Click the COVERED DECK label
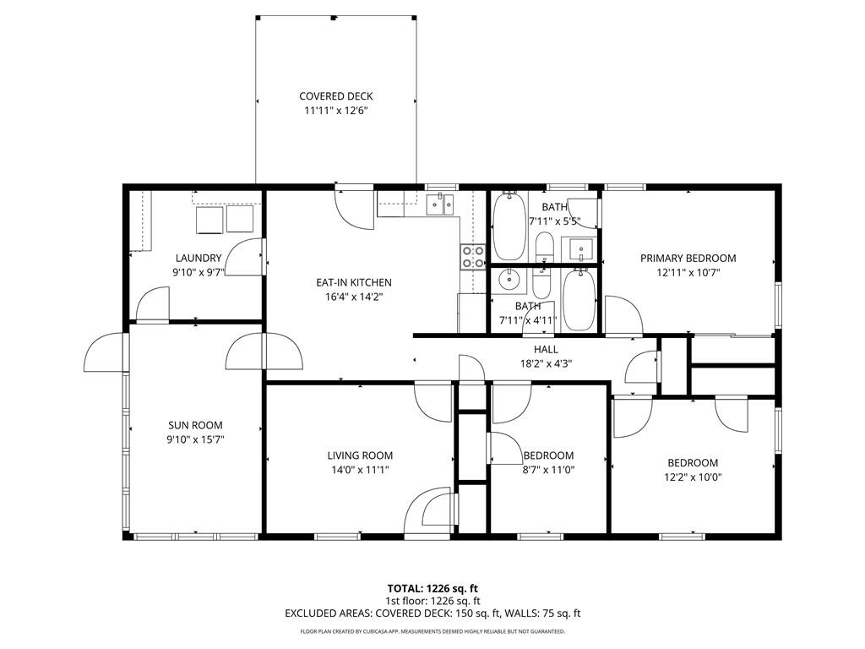335,96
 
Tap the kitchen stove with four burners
472,256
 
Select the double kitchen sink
440,204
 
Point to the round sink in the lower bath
509,279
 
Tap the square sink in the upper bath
580,249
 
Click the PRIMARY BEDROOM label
688,259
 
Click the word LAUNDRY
199,258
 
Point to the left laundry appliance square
209,220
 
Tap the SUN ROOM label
195,425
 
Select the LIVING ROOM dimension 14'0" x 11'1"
360,470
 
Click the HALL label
546,349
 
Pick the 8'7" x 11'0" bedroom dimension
548,470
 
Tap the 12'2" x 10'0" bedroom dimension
693,477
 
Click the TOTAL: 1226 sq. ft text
432,588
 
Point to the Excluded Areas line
432,614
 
